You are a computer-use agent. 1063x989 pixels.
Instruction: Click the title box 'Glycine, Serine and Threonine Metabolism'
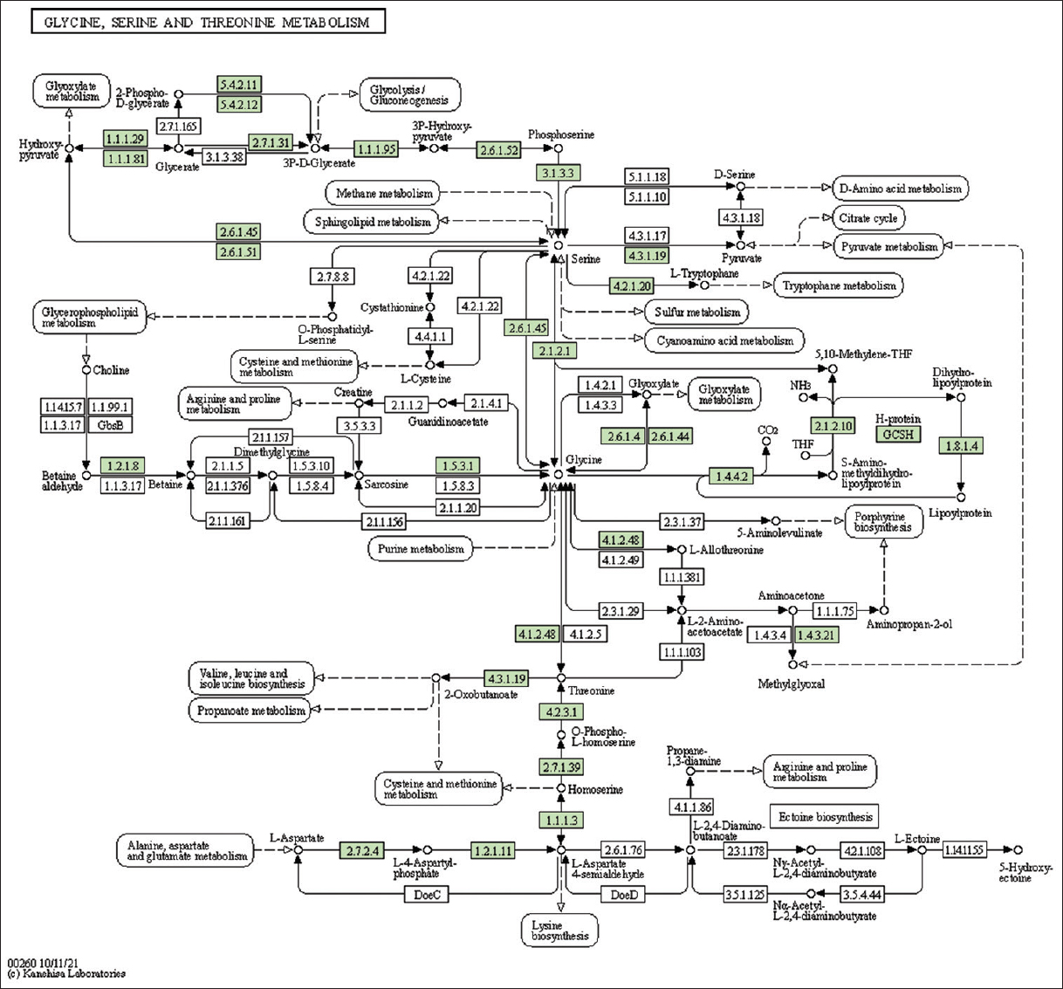(208, 22)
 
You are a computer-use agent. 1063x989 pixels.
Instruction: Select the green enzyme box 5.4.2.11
(239, 85)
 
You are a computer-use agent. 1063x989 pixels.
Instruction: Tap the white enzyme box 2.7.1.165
(178, 127)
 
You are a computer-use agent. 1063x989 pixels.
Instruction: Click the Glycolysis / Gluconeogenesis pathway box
(409, 95)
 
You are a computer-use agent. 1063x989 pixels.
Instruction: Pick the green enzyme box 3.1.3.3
(559, 173)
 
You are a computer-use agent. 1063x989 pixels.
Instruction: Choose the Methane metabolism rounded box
(384, 193)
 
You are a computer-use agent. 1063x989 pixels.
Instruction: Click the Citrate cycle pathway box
(868, 218)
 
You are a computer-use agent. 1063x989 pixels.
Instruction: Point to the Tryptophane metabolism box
(839, 285)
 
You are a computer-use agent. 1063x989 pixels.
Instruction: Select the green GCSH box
(898, 434)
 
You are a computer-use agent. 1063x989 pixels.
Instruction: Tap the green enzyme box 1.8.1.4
(961, 446)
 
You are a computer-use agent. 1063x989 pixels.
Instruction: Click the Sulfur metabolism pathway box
(696, 312)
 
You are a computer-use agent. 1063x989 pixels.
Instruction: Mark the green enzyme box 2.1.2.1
(554, 351)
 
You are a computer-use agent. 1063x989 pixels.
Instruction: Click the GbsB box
(110, 425)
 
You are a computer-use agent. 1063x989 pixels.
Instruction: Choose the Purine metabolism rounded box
(421, 549)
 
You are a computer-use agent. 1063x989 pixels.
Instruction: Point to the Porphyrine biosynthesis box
(882, 522)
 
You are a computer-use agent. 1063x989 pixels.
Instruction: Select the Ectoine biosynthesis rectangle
(825, 817)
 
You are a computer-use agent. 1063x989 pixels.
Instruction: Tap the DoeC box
(427, 894)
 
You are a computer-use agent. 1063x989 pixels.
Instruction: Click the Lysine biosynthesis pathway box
(559, 931)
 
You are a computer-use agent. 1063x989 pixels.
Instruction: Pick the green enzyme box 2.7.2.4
(362, 850)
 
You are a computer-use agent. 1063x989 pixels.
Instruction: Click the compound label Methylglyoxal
(791, 684)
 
